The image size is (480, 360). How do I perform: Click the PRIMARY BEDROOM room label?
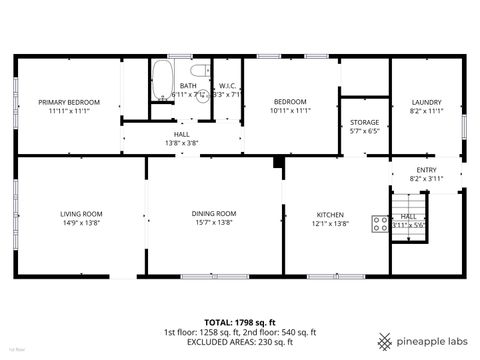click(69, 102)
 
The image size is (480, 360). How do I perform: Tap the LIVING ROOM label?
click(82, 214)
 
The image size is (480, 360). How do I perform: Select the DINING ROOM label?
click(213, 214)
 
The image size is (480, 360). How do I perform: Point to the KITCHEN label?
click(330, 215)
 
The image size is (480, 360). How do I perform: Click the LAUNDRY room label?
click(426, 102)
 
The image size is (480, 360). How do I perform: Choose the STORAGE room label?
click(364, 122)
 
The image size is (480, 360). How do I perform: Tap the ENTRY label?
click(426, 170)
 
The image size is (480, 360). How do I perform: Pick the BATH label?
click(188, 86)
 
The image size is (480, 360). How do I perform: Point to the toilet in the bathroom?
click(200, 71)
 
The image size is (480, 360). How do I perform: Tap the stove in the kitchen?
click(380, 224)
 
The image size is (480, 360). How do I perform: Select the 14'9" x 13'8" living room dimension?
click(82, 223)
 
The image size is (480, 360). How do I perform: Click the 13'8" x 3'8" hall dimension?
click(181, 143)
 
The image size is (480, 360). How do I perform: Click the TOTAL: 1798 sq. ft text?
click(239, 322)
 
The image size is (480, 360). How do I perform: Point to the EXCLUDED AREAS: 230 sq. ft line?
click(239, 343)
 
